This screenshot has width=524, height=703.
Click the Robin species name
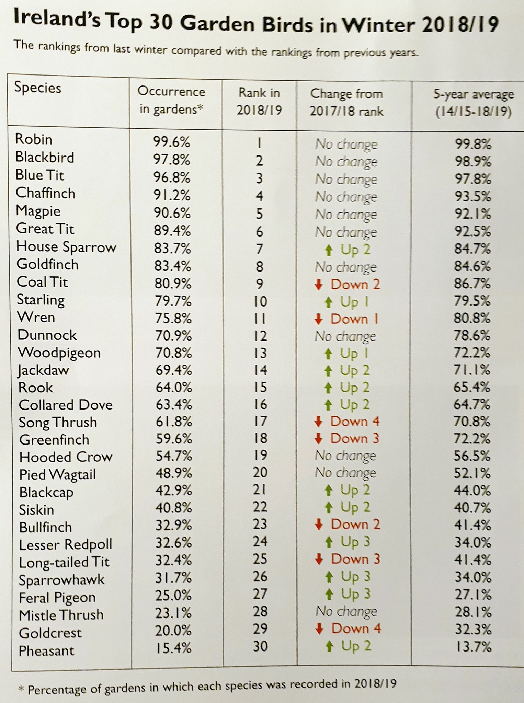click(x=34, y=139)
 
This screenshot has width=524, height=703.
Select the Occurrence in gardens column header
click(x=171, y=100)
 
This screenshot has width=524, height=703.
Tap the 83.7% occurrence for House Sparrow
click(x=172, y=248)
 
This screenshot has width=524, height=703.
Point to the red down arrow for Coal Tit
click(x=319, y=285)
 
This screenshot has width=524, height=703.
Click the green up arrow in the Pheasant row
click(x=329, y=647)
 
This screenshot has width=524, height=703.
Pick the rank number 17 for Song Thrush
click(x=260, y=421)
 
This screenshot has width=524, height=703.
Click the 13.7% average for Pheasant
click(x=473, y=647)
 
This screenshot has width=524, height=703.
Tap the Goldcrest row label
click(x=50, y=633)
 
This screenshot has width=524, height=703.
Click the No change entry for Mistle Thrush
click(x=346, y=612)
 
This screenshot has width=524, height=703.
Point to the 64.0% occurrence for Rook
click(x=173, y=387)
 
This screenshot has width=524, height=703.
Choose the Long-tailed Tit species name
click(x=64, y=562)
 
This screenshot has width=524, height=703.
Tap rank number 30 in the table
click(x=260, y=646)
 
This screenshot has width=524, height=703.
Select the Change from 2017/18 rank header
click(x=346, y=102)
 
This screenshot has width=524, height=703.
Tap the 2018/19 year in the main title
click(x=460, y=25)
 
